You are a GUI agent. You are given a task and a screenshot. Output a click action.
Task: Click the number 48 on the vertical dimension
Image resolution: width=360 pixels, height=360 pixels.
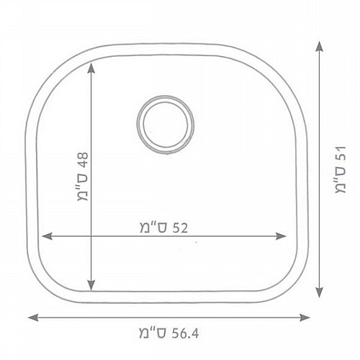pos(83,160)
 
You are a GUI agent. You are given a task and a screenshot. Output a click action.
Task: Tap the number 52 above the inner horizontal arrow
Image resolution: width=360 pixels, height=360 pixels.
pos(179,228)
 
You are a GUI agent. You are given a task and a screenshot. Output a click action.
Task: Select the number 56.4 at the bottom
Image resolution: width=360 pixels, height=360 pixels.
pos(185,333)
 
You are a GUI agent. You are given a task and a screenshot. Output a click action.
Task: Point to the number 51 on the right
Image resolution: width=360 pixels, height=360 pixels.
pos(341,153)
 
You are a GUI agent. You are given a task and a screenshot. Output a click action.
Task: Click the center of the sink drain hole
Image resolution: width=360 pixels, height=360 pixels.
pos(166,125)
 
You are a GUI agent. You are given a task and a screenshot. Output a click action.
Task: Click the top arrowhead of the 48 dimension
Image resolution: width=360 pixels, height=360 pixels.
pos(91,68)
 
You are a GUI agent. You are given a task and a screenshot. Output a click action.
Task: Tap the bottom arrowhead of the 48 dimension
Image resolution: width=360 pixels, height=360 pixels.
pos(91,285)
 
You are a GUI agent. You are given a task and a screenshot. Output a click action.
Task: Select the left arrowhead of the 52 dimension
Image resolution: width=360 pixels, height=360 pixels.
pos(48,236)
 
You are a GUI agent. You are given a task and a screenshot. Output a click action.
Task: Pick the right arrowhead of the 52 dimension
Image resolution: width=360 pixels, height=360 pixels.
pos(281,236)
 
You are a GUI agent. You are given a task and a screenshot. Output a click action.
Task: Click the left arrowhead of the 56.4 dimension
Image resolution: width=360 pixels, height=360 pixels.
pos(33,318)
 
